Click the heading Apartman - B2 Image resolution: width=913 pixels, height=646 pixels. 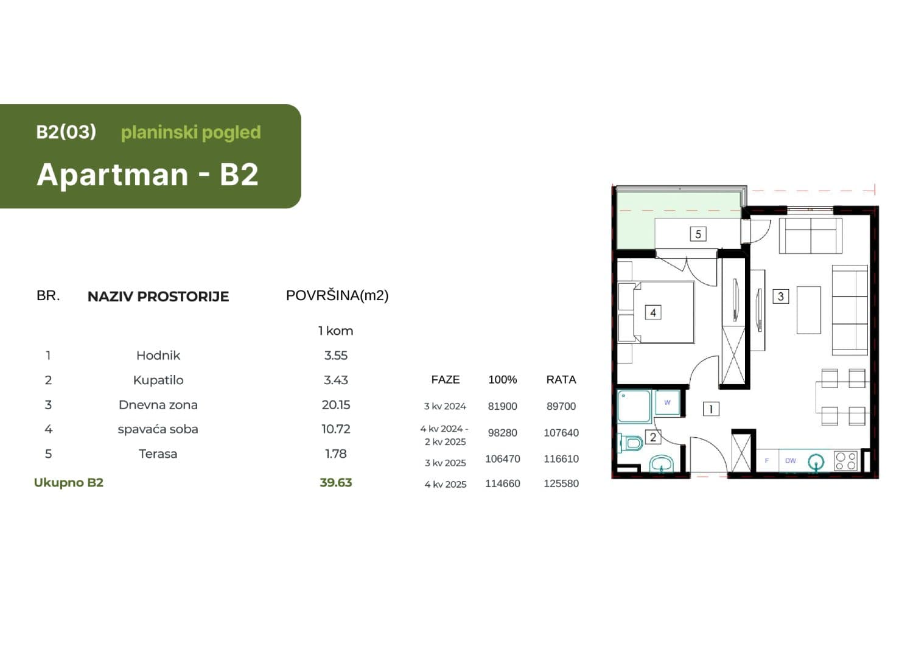[x=148, y=175]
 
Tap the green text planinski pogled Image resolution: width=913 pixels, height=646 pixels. [x=191, y=132]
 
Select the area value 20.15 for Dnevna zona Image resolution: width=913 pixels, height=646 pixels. [x=335, y=405]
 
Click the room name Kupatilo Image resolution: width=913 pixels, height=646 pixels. [x=158, y=380]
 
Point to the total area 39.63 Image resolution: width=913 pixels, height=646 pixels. [x=335, y=483]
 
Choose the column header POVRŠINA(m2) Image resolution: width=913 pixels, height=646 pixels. [x=337, y=296]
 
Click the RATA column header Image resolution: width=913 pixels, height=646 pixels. [x=561, y=380]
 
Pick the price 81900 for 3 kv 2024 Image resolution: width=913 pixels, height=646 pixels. [x=502, y=406]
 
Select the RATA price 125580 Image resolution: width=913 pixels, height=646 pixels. [x=561, y=484]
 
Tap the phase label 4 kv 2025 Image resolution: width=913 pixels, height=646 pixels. [x=446, y=485]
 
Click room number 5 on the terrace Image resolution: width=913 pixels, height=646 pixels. [x=698, y=234]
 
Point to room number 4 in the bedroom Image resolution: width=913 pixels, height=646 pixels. [x=653, y=312]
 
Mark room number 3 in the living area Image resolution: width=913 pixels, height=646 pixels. [x=780, y=297]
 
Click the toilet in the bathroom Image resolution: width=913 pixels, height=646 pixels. [x=632, y=443]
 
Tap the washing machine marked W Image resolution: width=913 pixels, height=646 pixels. [x=668, y=402]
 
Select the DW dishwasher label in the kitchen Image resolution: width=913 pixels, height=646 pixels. [x=790, y=461]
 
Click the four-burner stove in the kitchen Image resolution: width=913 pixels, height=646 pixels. [x=845, y=461]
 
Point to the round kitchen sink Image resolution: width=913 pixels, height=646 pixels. [x=816, y=462]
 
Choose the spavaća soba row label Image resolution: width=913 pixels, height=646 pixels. [x=158, y=429]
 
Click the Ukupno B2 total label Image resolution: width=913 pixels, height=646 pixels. [x=69, y=483]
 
